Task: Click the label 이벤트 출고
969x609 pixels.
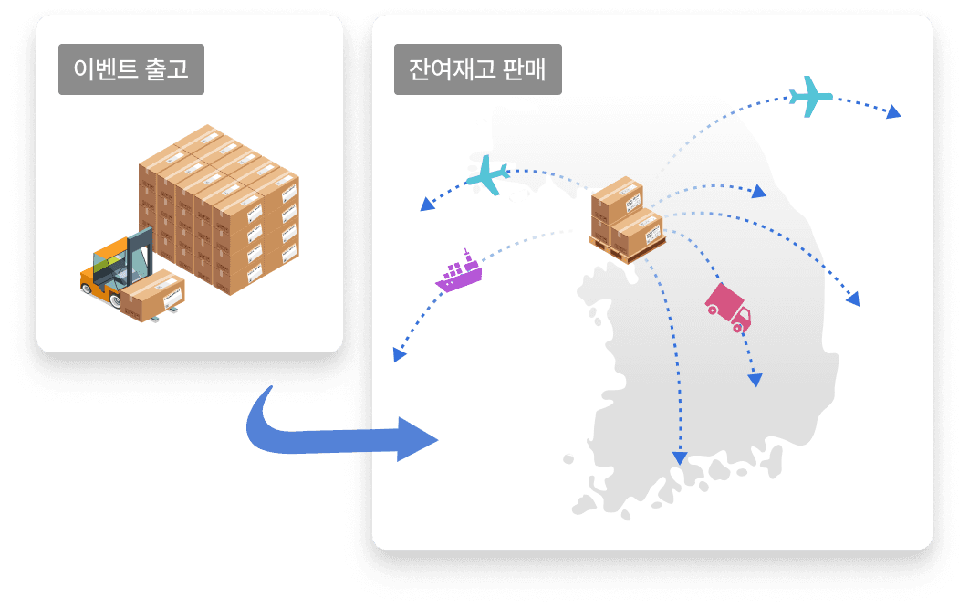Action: point(131,70)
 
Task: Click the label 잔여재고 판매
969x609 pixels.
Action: point(478,70)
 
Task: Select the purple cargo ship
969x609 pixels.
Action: point(458,271)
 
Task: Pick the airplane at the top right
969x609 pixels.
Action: point(811,95)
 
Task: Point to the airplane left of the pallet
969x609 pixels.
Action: point(487,174)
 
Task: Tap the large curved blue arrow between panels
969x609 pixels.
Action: point(338,431)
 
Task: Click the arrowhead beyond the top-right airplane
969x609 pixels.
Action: point(893,112)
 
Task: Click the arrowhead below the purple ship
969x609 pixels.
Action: point(398,355)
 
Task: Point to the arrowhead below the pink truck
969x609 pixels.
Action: point(755,381)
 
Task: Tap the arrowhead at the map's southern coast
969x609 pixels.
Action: point(678,457)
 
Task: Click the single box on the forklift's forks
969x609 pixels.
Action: point(152,294)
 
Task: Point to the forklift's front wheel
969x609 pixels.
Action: point(89,289)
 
